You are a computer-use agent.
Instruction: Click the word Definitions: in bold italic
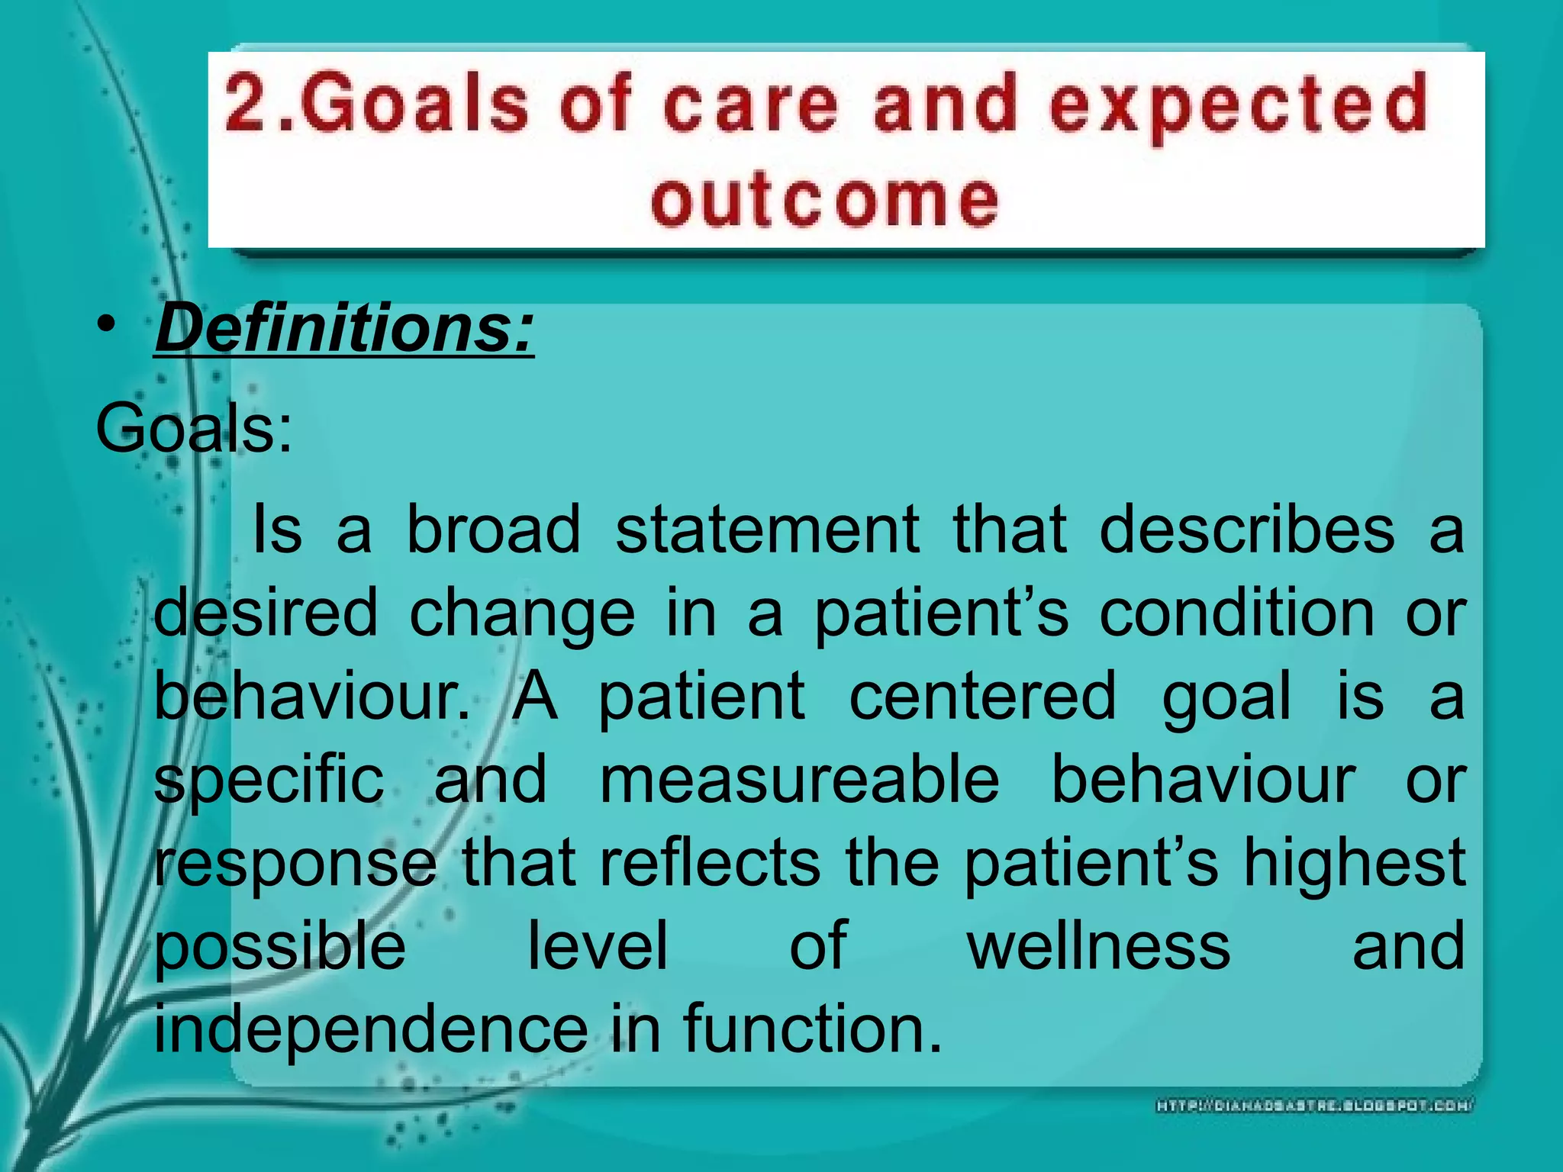coord(345,329)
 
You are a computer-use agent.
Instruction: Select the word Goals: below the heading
coord(194,429)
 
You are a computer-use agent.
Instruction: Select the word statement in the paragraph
coord(767,530)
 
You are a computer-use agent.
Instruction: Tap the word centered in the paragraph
coord(982,696)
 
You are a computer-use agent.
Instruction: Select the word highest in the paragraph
coord(1354,865)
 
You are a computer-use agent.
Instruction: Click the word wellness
coord(1099,946)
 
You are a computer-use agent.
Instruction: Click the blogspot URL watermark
coord(1315,1106)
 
